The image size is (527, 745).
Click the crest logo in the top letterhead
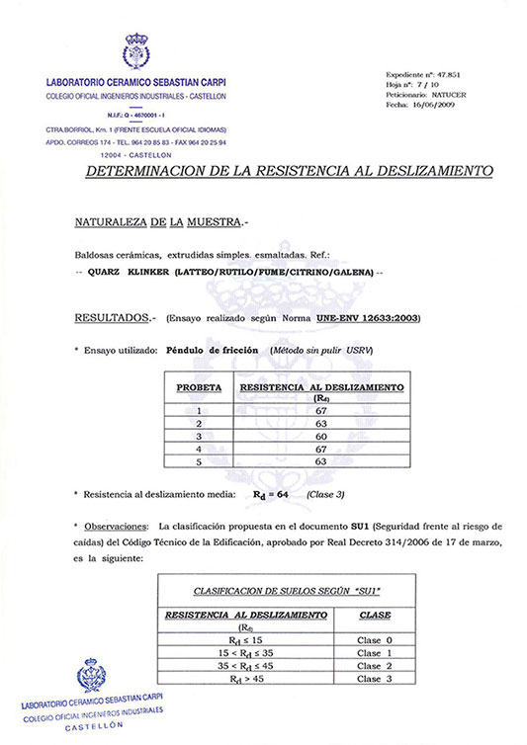[x=134, y=51]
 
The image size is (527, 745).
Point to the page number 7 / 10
[x=423, y=85]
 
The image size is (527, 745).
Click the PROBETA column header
[x=198, y=389]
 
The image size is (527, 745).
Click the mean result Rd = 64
[x=273, y=493]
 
